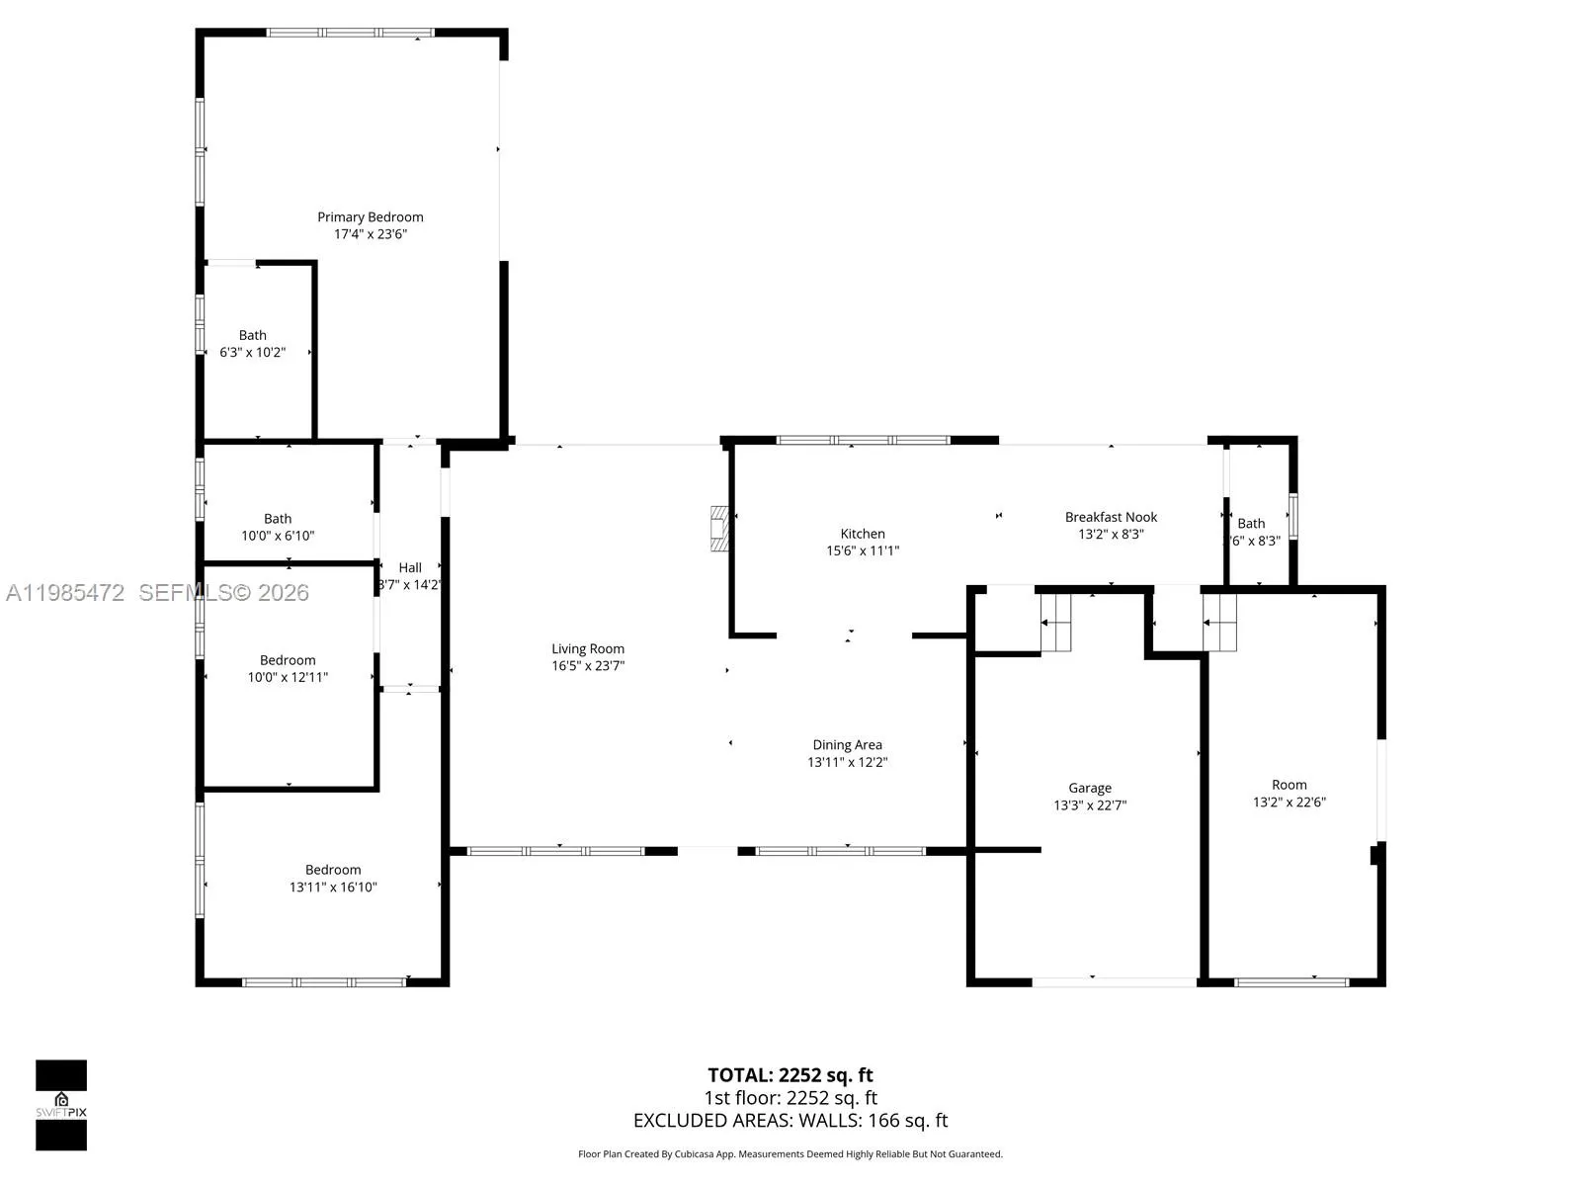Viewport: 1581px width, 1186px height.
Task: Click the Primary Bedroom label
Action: pos(370,216)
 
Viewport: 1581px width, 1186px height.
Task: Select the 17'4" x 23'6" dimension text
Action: pos(370,234)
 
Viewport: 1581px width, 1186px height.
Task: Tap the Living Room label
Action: pos(588,648)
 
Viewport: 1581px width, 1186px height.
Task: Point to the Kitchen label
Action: pos(863,534)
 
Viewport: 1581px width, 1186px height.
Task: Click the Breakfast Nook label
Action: pos(1111,517)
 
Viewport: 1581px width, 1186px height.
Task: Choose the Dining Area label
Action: pos(847,745)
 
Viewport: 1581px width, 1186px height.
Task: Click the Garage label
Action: pos(1090,788)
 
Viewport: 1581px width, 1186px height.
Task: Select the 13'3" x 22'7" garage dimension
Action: pos(1090,805)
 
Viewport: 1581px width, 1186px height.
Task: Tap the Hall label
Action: pos(410,567)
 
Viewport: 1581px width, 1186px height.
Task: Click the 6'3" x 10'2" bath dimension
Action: pos(252,352)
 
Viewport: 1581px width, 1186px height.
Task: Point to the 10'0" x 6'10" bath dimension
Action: pos(278,536)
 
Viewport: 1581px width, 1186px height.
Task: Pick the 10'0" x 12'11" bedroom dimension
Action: pos(288,677)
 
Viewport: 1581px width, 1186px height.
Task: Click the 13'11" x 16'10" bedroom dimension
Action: pos(333,887)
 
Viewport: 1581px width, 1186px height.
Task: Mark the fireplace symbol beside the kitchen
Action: pos(720,529)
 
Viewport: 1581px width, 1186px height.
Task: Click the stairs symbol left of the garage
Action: pos(1056,622)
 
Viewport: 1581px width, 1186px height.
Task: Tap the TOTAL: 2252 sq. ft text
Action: pos(790,1075)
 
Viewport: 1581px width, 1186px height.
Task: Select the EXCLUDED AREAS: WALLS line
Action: pos(790,1121)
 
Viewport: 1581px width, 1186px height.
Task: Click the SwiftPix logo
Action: pos(61,1105)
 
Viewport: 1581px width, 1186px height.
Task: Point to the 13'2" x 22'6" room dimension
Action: pos(1290,803)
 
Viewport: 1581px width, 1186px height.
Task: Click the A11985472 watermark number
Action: pos(65,593)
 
